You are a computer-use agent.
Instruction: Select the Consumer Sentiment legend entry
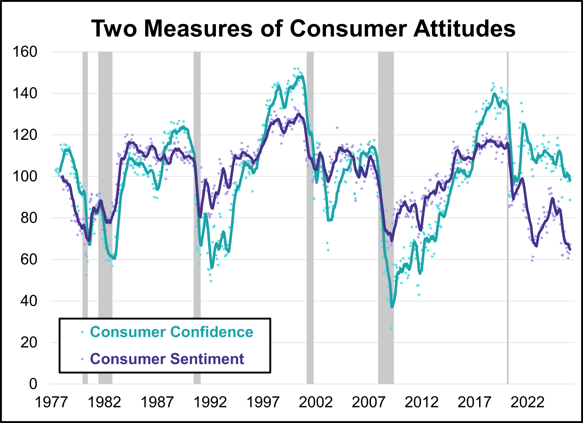pyautogui.click(x=167, y=359)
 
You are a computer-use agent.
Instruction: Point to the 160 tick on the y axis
pyautogui.click(x=25, y=52)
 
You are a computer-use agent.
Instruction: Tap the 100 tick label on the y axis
pyautogui.click(x=25, y=176)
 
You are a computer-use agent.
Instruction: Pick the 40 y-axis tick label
pyautogui.click(x=29, y=301)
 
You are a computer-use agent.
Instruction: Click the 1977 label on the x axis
pyautogui.click(x=51, y=402)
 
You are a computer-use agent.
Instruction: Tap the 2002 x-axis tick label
pyautogui.click(x=316, y=402)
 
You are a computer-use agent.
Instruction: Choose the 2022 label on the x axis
pyautogui.click(x=527, y=402)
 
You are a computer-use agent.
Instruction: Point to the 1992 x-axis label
pyautogui.click(x=210, y=402)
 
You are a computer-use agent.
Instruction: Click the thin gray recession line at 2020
pyautogui.click(x=508, y=231)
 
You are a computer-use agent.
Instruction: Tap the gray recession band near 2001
pyautogui.click(x=310, y=231)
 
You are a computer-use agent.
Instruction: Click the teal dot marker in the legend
pyautogui.click(x=82, y=332)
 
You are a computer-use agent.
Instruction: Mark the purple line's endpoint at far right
pyautogui.click(x=570, y=249)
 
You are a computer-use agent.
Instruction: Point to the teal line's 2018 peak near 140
pyautogui.click(x=494, y=94)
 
